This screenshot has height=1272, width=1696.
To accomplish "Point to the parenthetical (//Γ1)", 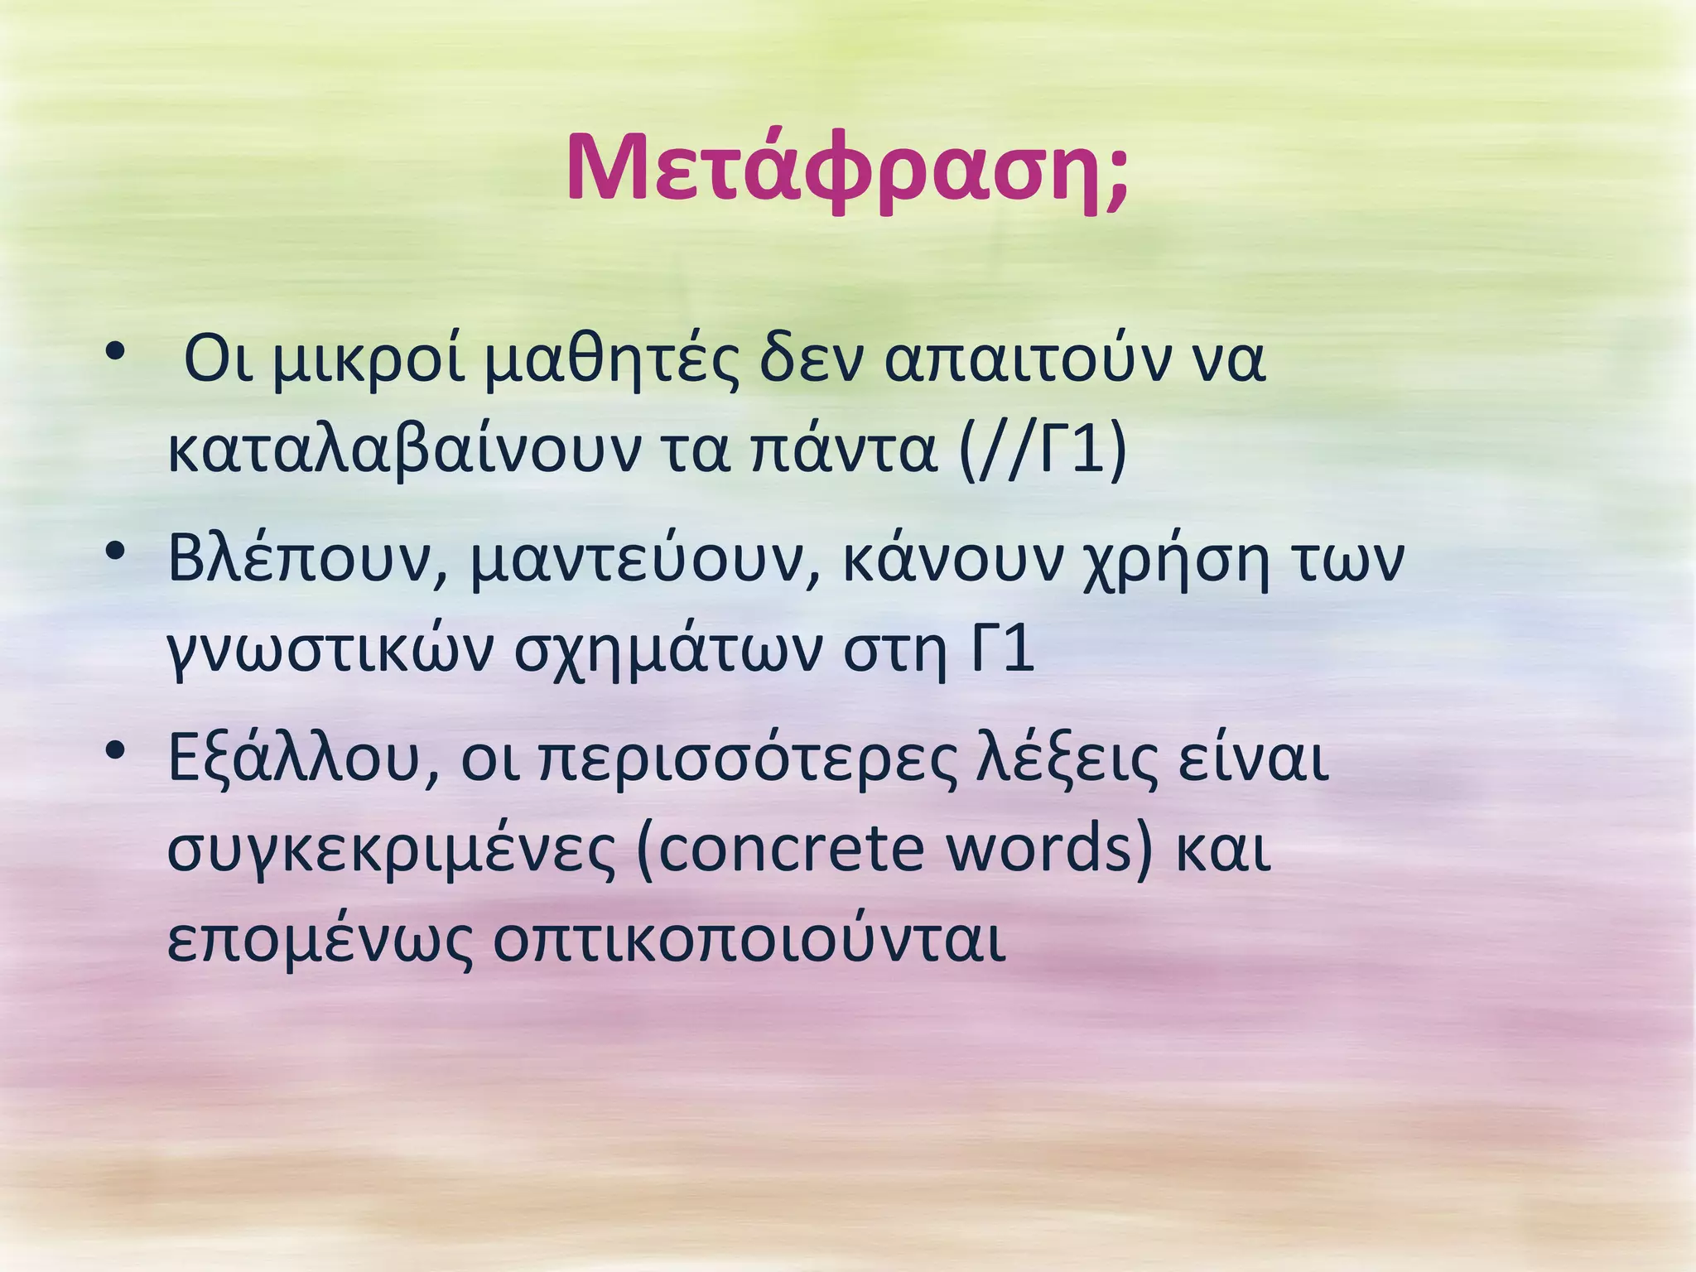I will pyautogui.click(x=1043, y=452).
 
